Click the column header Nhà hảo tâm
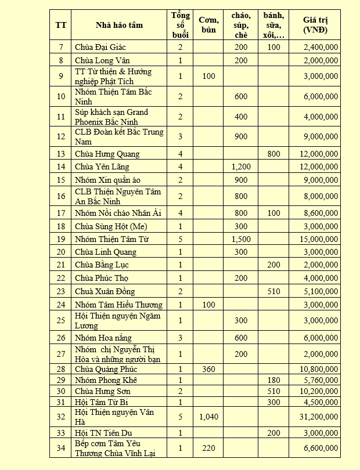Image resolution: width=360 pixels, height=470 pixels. [119, 25]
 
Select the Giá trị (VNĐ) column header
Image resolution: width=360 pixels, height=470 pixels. [315, 25]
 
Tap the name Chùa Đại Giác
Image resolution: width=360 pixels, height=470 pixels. [100, 47]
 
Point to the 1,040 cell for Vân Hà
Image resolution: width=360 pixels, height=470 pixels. [209, 416]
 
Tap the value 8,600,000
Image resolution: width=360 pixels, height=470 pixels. [320, 213]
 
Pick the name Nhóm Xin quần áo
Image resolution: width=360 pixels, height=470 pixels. [106, 179]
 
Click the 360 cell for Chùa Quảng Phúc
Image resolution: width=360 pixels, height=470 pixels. [208, 369]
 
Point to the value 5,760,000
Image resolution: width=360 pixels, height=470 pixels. [320, 379]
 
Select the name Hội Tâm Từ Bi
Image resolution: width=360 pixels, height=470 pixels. [102, 402]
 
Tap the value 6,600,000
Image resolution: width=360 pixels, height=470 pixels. [320, 448]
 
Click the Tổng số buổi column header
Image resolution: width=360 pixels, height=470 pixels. [181, 25]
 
